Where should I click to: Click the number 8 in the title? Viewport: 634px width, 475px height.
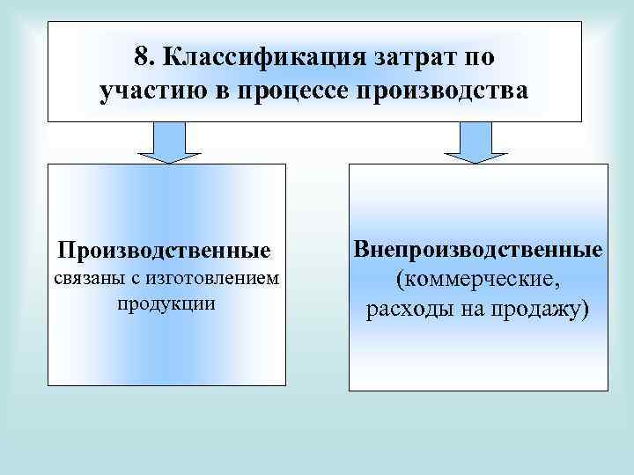pos(141,58)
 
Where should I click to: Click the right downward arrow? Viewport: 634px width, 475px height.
pos(476,142)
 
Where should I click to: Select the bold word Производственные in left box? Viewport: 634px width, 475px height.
pos(164,251)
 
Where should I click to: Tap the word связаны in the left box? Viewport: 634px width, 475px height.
pos(86,279)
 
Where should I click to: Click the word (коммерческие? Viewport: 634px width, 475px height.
pos(477,280)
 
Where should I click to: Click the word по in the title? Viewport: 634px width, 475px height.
pos(482,58)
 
